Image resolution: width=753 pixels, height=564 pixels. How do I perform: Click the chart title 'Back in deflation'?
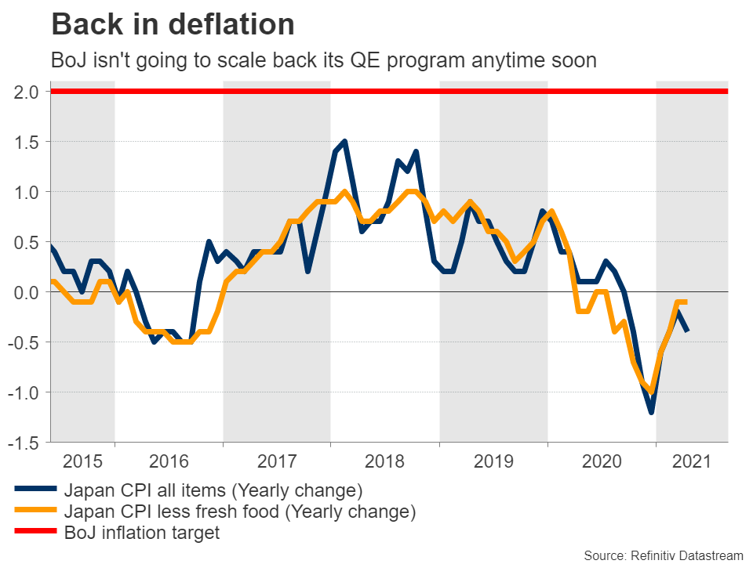[x=173, y=25]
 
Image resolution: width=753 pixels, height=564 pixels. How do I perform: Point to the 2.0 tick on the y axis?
[x=26, y=92]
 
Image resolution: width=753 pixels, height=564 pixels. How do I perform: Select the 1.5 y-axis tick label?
[x=26, y=142]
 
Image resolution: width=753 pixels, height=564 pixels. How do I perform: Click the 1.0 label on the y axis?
[x=26, y=192]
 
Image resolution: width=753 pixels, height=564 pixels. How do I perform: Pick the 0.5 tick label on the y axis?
[x=26, y=242]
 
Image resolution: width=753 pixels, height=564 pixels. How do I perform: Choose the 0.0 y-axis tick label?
[x=26, y=292]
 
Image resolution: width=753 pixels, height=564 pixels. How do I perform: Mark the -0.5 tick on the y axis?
[x=24, y=342]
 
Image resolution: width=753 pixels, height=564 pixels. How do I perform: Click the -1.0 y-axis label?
[x=24, y=392]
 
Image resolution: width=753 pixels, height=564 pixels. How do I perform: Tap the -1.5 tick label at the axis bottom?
[x=24, y=443]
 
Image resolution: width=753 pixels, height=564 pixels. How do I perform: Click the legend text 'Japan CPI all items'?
[x=212, y=491]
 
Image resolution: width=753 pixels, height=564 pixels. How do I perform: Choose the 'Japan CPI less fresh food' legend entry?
[x=238, y=512]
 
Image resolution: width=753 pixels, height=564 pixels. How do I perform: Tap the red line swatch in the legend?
[x=35, y=533]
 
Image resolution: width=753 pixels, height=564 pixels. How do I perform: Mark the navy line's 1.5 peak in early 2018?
[x=345, y=142]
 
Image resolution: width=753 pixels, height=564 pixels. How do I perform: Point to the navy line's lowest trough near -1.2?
[x=651, y=412]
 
